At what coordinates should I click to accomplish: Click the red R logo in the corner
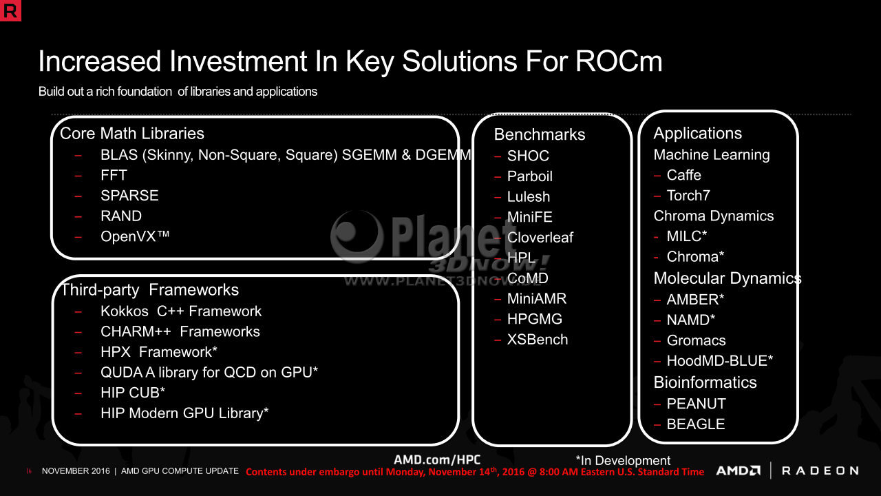(10, 10)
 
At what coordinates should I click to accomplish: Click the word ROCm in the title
(619, 61)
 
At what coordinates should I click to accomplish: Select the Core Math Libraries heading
(131, 134)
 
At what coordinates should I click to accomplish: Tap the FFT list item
(114, 175)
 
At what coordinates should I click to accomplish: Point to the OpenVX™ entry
(135, 236)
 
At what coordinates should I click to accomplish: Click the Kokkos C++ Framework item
(181, 311)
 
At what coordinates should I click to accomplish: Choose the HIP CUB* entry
(133, 393)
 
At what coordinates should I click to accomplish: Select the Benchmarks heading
(539, 134)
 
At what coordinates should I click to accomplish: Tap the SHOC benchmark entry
(528, 156)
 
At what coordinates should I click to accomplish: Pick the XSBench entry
(538, 340)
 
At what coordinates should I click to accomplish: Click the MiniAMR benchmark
(537, 298)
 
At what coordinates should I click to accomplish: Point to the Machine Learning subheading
(712, 155)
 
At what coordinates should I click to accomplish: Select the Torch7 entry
(688, 195)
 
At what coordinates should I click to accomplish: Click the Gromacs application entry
(696, 340)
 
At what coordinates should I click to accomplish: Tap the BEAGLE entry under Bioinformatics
(696, 424)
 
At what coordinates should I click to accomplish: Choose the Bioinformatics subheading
(705, 382)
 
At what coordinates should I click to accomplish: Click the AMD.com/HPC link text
(437, 459)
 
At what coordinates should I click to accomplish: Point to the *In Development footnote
(623, 460)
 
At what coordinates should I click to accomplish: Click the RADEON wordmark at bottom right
(820, 471)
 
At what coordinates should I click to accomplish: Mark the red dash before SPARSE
(78, 196)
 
